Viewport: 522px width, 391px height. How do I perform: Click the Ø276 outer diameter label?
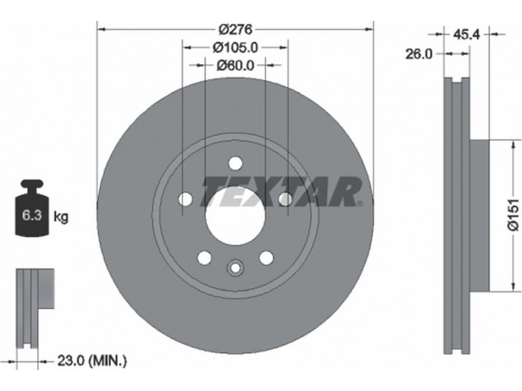(236, 29)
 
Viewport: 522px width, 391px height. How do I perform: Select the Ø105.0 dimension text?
(236, 48)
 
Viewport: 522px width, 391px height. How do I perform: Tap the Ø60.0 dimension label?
(235, 66)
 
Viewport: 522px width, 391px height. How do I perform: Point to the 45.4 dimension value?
(466, 34)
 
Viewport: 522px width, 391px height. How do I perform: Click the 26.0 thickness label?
(418, 53)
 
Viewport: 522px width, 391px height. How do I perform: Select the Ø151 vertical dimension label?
(514, 214)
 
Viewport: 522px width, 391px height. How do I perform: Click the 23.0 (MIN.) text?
(92, 360)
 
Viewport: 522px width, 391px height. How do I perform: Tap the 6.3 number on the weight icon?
(32, 216)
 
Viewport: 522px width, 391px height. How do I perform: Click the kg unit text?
(61, 217)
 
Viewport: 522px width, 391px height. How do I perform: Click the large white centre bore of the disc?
(235, 216)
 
